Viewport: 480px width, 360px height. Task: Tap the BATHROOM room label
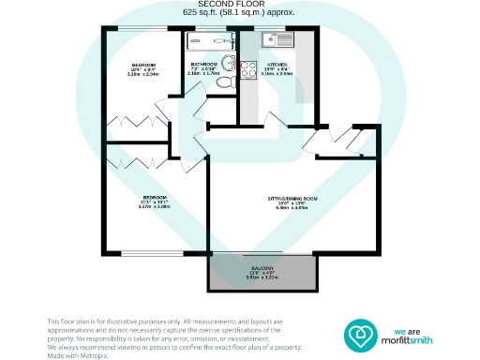tap(204, 65)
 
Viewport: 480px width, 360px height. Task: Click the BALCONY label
tap(261, 266)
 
